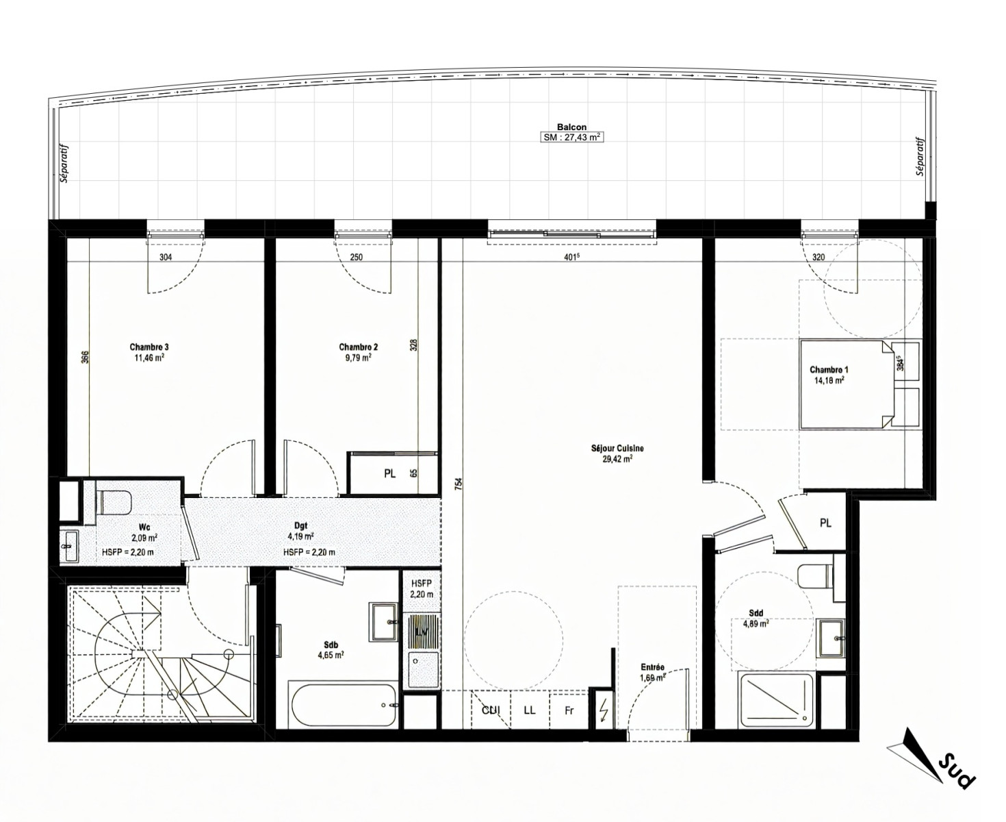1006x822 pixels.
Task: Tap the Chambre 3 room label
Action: coord(149,347)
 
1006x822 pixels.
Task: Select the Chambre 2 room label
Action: coord(358,347)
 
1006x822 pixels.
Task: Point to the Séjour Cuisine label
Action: coord(617,448)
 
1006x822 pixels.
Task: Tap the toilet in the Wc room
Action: coord(114,503)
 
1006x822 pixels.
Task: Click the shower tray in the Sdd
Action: coord(775,700)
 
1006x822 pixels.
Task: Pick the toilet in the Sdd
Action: coord(815,576)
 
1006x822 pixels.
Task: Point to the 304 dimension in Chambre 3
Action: coord(166,258)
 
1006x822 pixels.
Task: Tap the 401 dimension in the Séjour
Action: coord(571,257)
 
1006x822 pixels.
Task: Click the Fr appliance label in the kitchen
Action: coord(569,711)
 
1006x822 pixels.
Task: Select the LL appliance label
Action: coord(529,710)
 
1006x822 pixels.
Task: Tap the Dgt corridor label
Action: coord(300,525)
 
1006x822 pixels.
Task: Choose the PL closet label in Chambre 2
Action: coord(389,474)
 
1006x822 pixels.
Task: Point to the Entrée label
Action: coord(653,667)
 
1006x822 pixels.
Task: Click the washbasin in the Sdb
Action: coord(383,621)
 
